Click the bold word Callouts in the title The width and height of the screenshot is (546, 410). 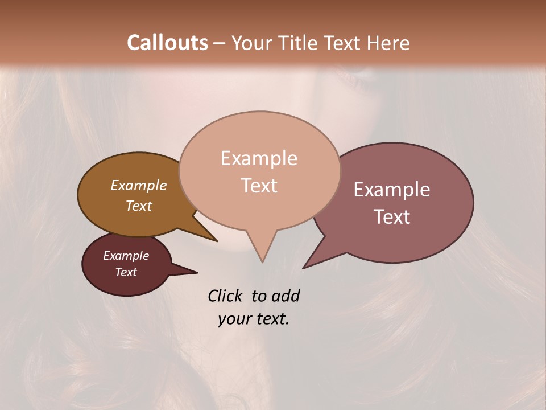click(167, 43)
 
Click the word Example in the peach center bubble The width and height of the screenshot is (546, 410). click(259, 158)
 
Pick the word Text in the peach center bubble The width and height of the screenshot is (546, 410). click(259, 186)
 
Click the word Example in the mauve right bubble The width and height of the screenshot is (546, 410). click(392, 190)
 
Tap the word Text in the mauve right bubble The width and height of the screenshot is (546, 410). click(392, 217)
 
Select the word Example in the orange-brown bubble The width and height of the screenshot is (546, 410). click(138, 186)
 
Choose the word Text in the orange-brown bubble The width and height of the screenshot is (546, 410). click(138, 206)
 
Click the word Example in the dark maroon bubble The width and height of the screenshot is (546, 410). click(126, 256)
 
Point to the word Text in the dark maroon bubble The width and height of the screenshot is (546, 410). click(126, 272)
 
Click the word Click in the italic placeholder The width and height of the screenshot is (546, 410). click(226, 296)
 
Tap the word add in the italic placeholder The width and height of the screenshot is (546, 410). click(285, 296)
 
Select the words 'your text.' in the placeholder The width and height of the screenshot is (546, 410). click(254, 319)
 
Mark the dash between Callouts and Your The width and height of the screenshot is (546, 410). click(220, 43)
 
